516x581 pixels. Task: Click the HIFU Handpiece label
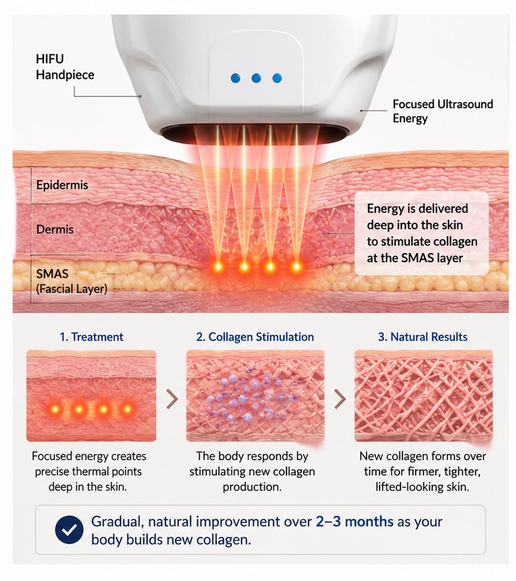(x=65, y=67)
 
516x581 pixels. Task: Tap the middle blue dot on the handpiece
(x=256, y=78)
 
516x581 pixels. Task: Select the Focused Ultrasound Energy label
(x=443, y=111)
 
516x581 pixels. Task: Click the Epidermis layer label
(x=62, y=185)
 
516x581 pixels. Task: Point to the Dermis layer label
(x=55, y=229)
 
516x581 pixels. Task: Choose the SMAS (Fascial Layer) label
(x=72, y=281)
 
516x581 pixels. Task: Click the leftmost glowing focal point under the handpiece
(x=218, y=266)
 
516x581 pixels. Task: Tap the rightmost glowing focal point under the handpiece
(x=296, y=266)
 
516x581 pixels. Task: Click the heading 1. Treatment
(x=91, y=337)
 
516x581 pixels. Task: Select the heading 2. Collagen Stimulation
(x=255, y=337)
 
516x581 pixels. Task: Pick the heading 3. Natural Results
(x=423, y=337)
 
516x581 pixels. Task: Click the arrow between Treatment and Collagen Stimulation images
(x=172, y=399)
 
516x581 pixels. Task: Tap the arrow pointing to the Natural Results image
(x=340, y=399)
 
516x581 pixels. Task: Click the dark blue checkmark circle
(x=69, y=530)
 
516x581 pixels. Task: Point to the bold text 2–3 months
(x=354, y=522)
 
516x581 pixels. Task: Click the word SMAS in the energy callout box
(x=415, y=258)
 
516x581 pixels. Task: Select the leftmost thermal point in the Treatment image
(x=55, y=409)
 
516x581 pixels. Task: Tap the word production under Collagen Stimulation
(x=252, y=487)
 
